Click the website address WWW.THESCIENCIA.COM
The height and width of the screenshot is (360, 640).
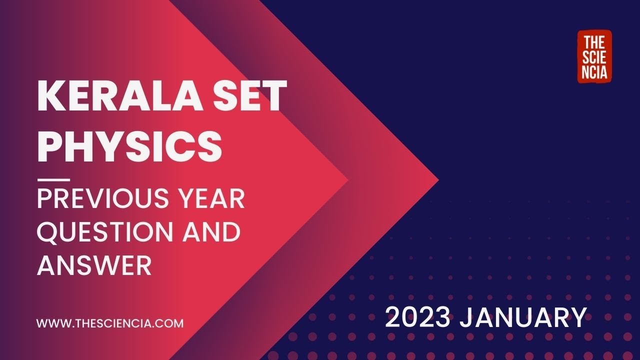click(110, 323)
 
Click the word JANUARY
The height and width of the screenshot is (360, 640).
click(522, 318)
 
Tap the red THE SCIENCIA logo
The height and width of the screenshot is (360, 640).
click(594, 56)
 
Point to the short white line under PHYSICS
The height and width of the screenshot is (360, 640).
click(53, 179)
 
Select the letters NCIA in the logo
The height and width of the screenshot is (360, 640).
click(594, 73)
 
